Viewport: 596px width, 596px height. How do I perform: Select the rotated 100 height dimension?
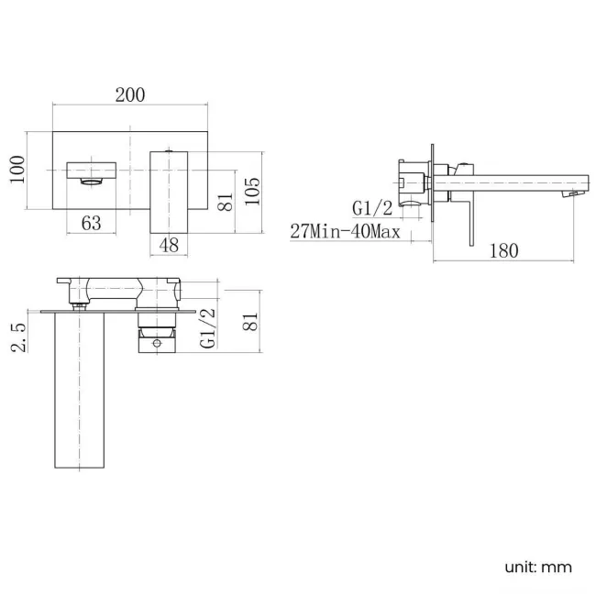[x=17, y=170]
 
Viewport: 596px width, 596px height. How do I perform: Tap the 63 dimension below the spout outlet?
[x=92, y=222]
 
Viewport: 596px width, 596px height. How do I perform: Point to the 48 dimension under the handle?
[x=169, y=245]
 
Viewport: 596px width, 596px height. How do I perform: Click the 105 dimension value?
[x=253, y=190]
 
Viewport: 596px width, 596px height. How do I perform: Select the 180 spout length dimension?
[x=504, y=250]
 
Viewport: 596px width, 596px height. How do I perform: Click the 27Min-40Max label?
[x=345, y=232]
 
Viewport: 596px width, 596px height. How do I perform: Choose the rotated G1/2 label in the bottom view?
[x=208, y=327]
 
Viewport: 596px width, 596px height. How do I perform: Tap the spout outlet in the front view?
[x=93, y=172]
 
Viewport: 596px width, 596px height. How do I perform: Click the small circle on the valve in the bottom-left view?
[x=157, y=345]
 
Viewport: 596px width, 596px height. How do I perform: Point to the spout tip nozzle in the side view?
[x=575, y=193]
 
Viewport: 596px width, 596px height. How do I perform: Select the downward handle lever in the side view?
[x=471, y=220]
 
